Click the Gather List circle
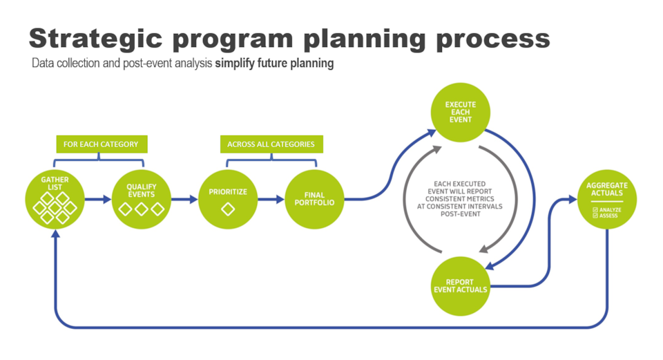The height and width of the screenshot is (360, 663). click(x=55, y=199)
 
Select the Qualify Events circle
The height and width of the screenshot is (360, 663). click(x=141, y=199)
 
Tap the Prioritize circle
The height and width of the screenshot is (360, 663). click(x=228, y=199)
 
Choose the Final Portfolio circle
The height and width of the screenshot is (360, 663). click(x=315, y=199)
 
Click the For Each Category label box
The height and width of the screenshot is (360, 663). click(x=101, y=144)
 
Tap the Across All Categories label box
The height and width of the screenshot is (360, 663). click(x=271, y=144)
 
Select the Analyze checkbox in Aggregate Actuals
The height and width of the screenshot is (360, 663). click(x=595, y=209)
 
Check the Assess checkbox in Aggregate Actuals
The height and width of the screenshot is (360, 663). click(x=595, y=216)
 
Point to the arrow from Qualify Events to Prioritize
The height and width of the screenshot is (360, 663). click(x=184, y=200)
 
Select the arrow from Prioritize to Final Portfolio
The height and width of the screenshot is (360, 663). click(x=271, y=200)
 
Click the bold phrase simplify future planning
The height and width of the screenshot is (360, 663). click(x=274, y=64)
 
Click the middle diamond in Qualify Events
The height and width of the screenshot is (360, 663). click(x=141, y=209)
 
